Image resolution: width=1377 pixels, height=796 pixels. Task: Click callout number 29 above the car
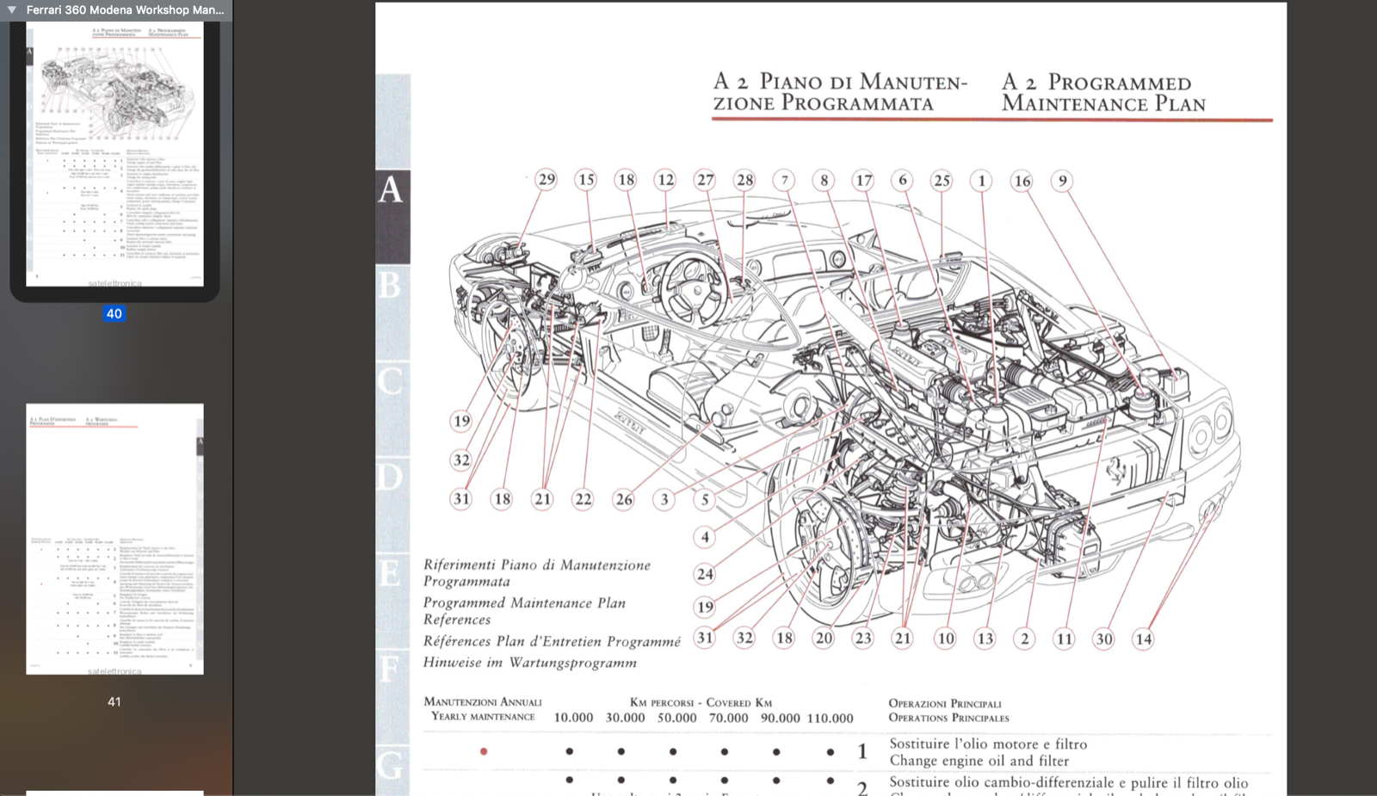point(546,180)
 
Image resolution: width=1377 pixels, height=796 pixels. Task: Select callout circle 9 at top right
point(1062,181)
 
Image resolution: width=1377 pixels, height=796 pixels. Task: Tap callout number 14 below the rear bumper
point(1143,639)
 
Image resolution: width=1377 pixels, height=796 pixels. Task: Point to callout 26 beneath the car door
point(623,499)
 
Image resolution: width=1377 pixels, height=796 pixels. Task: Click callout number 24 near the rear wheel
point(705,574)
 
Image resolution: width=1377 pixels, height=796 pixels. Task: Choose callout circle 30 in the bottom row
point(1103,639)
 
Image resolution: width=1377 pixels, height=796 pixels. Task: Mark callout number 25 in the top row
point(942,181)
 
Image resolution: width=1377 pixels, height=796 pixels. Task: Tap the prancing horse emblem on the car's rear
point(1116,469)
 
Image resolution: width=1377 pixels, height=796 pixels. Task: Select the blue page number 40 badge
point(114,314)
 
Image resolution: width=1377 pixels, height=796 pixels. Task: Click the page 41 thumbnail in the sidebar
point(114,538)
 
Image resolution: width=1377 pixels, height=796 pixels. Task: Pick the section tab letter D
point(390,476)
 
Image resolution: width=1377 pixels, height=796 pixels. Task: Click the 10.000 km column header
point(573,718)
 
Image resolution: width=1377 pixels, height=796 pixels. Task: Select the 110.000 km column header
point(830,718)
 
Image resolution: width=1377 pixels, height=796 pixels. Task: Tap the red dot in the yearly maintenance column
point(484,751)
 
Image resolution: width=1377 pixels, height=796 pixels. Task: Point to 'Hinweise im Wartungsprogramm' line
point(529,663)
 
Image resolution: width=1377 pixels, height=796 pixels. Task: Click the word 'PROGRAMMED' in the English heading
point(1119,83)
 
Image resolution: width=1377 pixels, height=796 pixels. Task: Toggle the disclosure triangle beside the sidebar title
point(12,10)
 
